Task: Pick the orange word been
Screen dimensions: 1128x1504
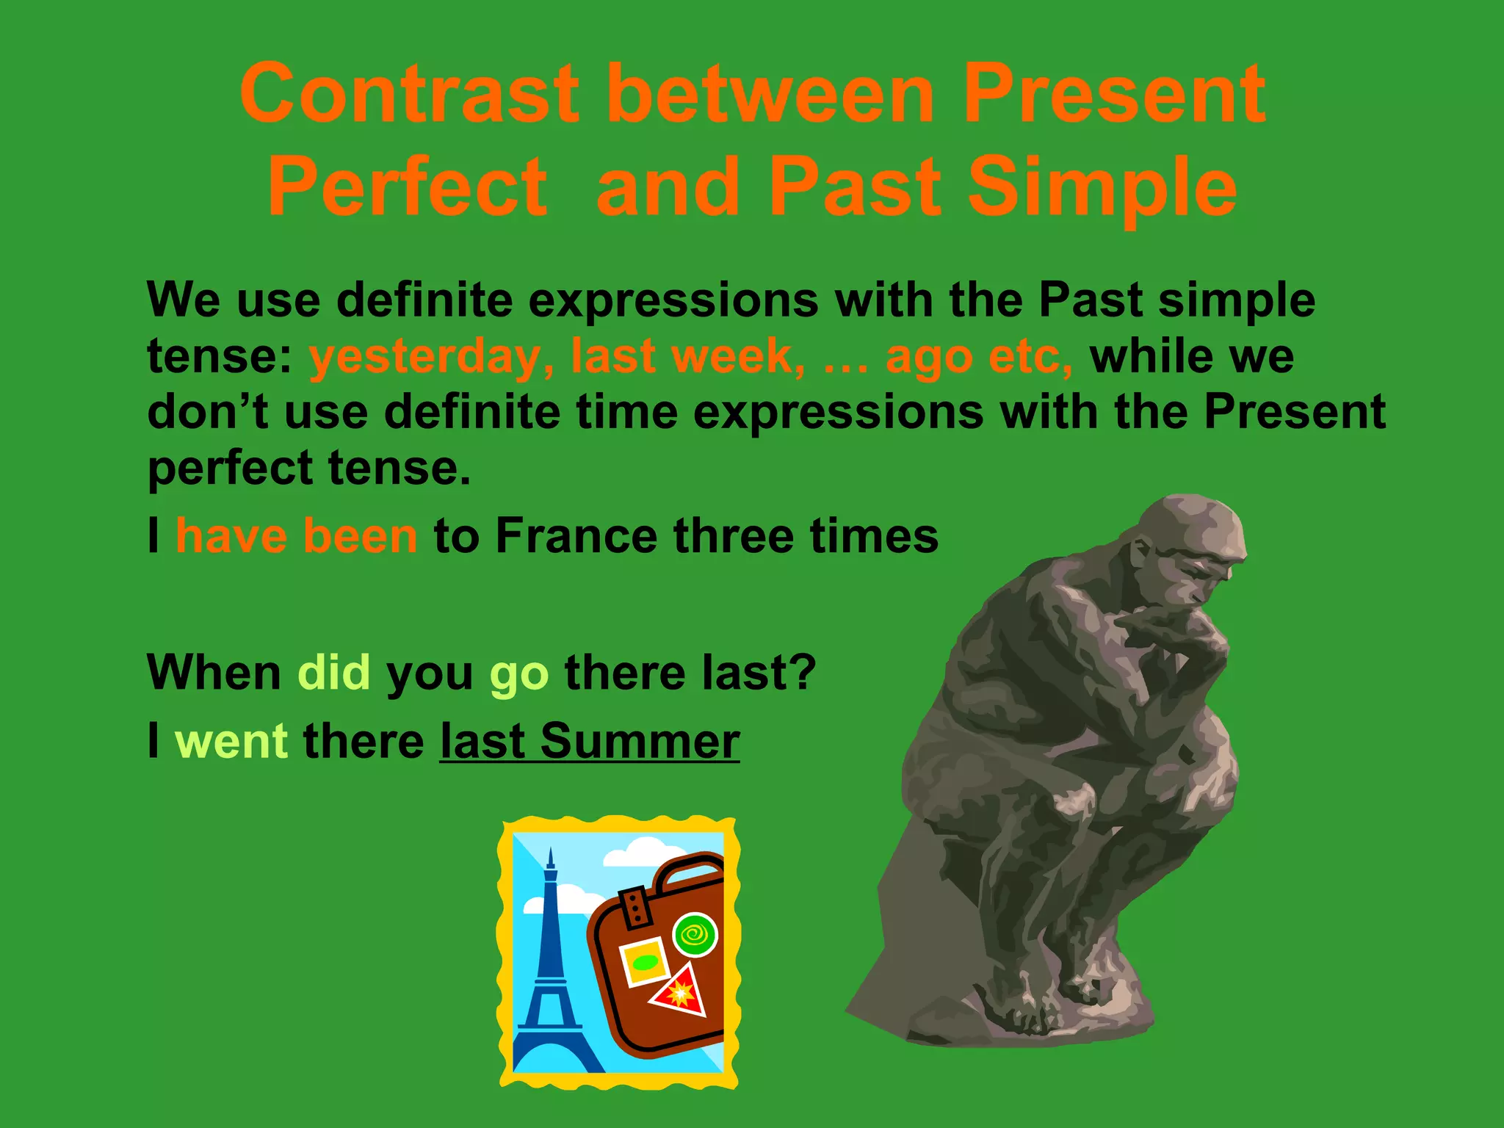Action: [x=360, y=535]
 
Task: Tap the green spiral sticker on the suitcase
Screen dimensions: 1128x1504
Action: [x=695, y=935]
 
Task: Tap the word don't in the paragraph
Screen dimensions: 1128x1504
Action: [x=207, y=411]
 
